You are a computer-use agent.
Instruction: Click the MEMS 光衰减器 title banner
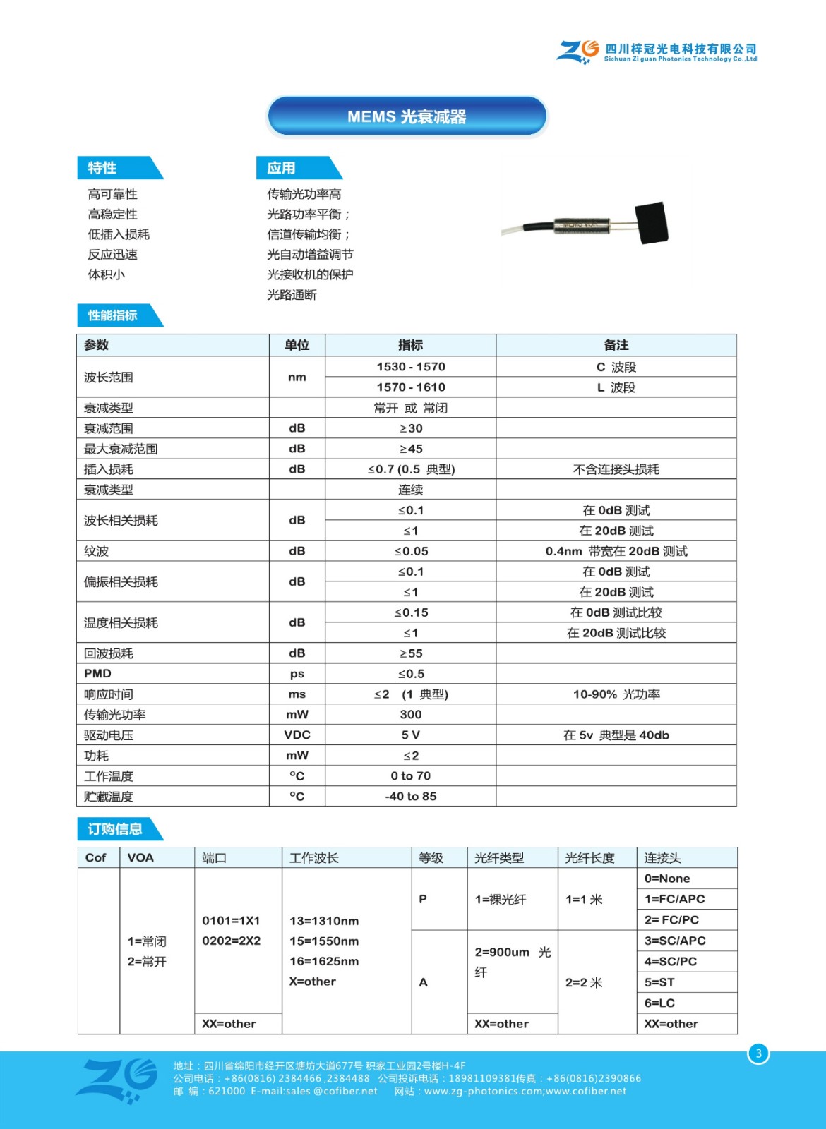tap(407, 116)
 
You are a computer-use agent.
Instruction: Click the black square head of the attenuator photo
tap(652, 223)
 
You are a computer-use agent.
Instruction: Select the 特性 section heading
tap(103, 168)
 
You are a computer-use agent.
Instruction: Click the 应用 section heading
tap(281, 168)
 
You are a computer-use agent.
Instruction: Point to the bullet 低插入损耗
tap(119, 234)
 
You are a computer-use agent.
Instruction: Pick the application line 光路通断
tap(292, 295)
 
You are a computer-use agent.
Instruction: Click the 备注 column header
tap(616, 345)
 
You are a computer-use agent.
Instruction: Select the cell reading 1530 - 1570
tap(410, 367)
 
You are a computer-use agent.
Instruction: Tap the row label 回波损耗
tap(109, 653)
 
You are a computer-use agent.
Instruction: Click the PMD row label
tap(97, 674)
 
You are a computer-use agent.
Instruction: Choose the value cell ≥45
tap(410, 449)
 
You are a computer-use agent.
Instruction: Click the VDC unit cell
tap(297, 735)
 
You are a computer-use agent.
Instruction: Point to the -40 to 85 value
tap(410, 797)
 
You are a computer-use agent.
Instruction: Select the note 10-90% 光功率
tap(616, 694)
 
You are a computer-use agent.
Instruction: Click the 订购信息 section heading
tap(115, 829)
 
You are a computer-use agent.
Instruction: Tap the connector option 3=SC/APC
tap(674, 941)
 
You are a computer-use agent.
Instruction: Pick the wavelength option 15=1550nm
tap(324, 941)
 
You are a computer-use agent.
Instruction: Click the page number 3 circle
tap(758, 1053)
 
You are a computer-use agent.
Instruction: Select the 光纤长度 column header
tap(589, 858)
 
